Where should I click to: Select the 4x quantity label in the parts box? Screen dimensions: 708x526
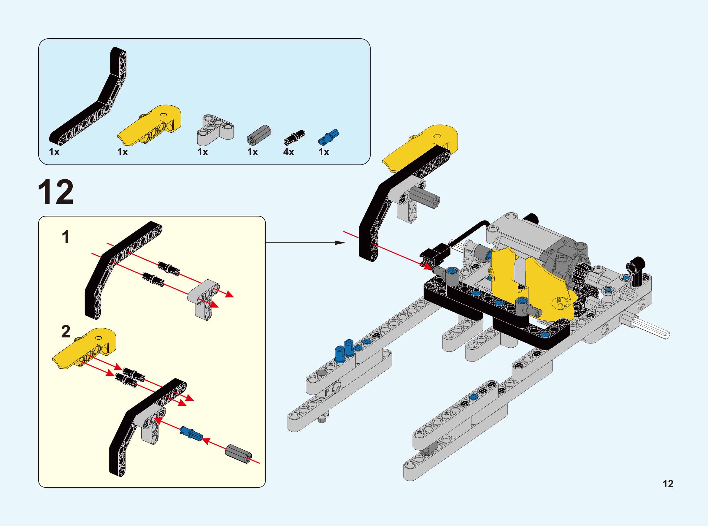coord(289,152)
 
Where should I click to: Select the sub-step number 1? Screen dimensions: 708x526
coord(66,237)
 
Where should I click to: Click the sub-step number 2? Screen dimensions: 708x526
coord(66,332)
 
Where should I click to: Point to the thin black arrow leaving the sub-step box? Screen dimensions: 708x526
coord(305,243)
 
